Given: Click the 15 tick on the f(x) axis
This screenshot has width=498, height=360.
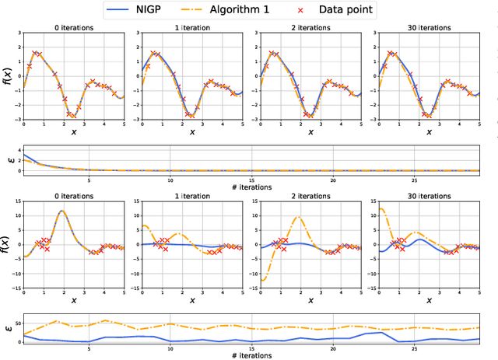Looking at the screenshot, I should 14,200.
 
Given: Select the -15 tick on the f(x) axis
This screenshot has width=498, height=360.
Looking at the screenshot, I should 12,288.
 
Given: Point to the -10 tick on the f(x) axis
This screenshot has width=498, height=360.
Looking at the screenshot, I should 12,273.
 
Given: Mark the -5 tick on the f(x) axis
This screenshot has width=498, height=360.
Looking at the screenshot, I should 14,258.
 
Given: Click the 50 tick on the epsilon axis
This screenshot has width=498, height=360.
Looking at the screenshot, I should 14,321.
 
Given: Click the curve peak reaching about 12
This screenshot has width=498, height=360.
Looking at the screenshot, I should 61,210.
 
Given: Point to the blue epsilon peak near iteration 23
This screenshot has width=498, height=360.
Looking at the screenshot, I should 382,333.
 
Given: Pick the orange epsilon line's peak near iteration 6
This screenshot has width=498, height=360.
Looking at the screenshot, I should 105,320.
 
